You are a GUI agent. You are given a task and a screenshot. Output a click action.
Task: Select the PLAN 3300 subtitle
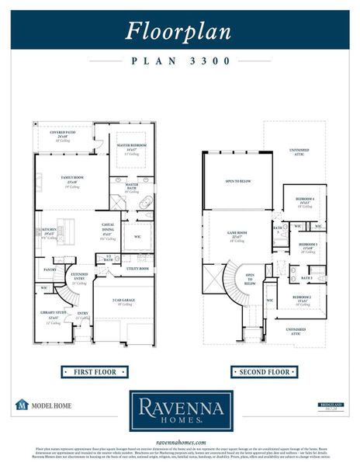[179, 60]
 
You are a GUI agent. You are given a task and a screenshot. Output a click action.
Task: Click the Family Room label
[72, 178]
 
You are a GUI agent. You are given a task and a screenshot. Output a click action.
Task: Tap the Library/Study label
[53, 316]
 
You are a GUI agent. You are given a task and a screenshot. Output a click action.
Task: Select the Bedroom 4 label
[304, 200]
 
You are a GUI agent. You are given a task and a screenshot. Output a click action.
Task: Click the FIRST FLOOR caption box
[95, 372]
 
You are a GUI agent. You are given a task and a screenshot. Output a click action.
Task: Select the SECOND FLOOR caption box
[264, 372]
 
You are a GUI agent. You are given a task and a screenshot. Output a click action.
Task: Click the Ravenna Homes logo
[180, 410]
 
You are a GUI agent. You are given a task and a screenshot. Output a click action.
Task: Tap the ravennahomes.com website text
[180, 442]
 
